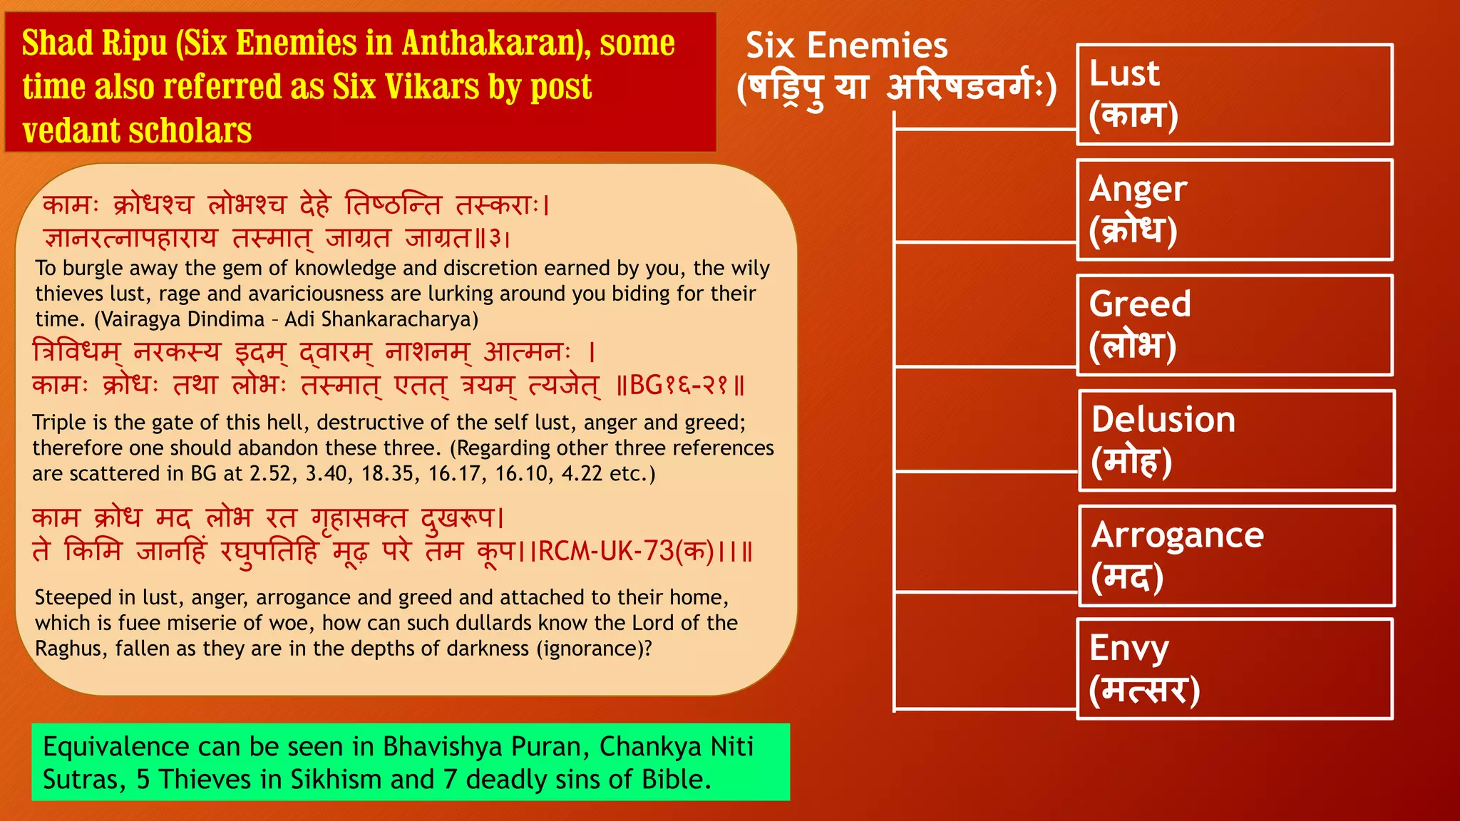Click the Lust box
pos(1234,95)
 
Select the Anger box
pos(1234,210)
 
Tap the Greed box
pos(1234,326)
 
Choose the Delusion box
pos(1236,440)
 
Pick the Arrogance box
pos(1236,556)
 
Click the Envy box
pos(1234,669)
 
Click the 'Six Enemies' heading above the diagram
pos(846,46)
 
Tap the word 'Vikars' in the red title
pos(432,87)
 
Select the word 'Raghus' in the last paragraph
pos(69,649)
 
